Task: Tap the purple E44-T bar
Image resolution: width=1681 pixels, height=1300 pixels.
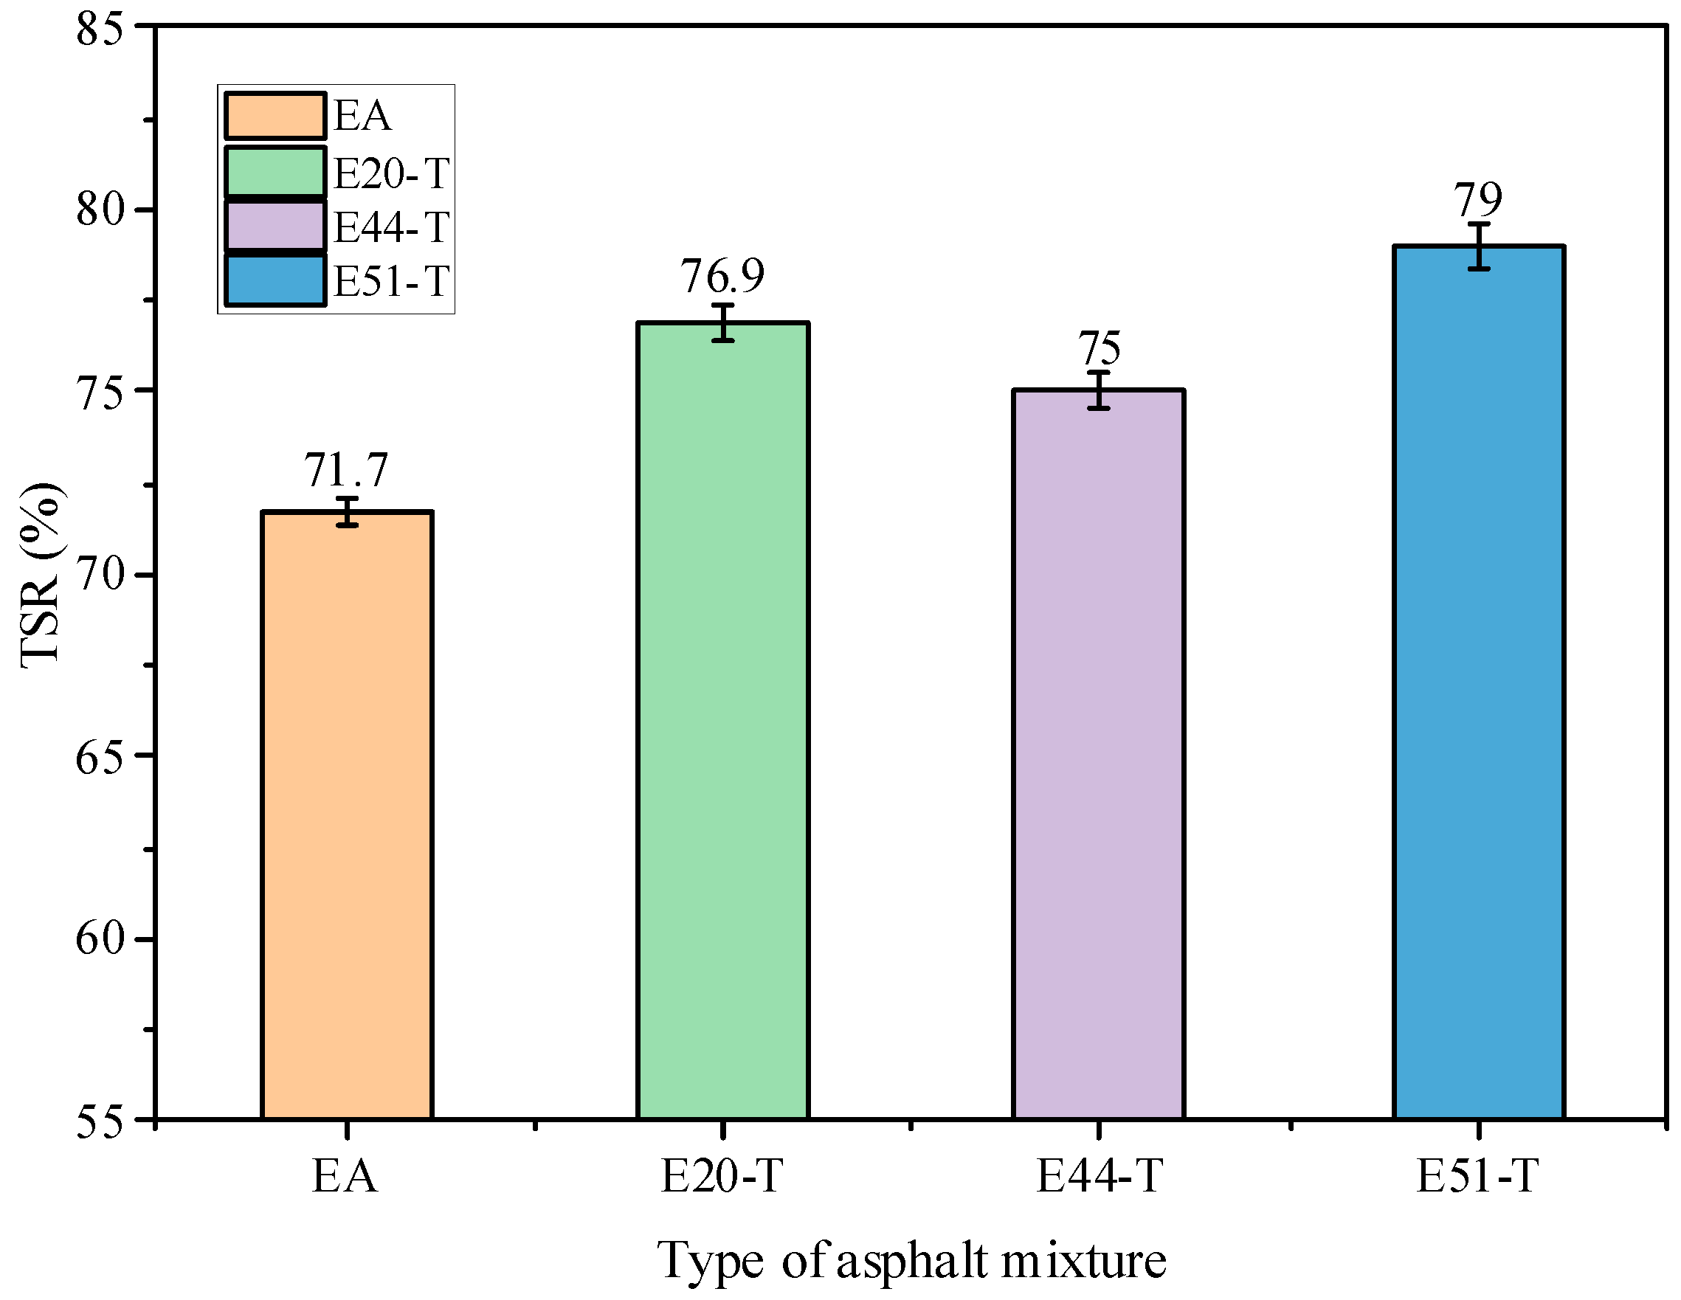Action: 1098,754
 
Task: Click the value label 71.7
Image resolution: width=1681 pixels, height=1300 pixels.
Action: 345,470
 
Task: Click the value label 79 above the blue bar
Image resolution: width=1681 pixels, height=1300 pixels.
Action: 1477,201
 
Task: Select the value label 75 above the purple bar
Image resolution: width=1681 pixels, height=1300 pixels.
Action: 1098,349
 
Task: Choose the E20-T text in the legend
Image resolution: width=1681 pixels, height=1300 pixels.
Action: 391,173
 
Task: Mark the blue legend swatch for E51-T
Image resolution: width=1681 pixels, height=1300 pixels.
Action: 275,281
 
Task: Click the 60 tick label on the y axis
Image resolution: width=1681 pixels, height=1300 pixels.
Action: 100,938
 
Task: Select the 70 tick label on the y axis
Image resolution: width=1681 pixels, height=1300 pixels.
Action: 100,574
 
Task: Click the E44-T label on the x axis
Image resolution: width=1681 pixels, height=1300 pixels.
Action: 1098,1176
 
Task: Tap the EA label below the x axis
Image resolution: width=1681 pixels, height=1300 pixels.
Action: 345,1176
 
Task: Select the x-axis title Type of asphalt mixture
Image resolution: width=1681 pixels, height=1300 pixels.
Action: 911,1261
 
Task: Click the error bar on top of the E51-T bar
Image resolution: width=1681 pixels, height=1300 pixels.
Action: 1479,246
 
